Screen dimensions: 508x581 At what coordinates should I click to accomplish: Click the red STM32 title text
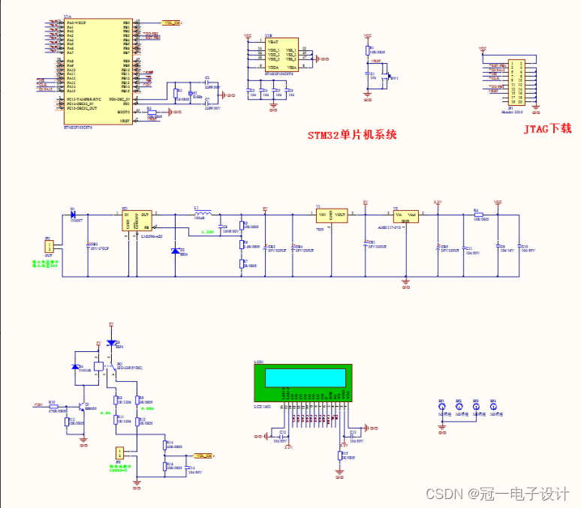[x=352, y=136]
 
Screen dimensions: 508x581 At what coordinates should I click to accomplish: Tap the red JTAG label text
[x=548, y=129]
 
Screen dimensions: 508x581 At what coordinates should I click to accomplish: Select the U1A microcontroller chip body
[x=98, y=71]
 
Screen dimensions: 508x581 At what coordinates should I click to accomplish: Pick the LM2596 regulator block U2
[x=137, y=219]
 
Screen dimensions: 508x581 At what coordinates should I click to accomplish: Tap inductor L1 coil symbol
[x=202, y=214]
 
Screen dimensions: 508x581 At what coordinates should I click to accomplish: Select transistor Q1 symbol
[x=82, y=405]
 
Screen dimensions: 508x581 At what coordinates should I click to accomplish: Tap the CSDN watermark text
[x=496, y=494]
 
